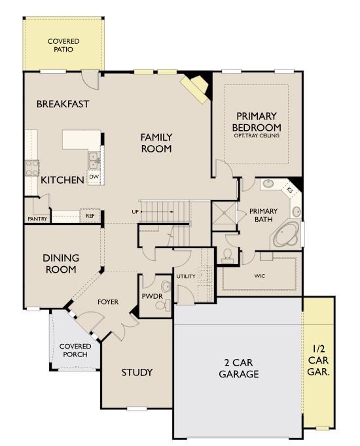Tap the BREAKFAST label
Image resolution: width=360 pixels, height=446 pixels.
(63, 104)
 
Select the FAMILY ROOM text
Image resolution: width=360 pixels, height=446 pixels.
(156, 143)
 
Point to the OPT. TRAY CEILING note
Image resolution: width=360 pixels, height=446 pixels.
(257, 136)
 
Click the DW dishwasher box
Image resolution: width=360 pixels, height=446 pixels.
(94, 177)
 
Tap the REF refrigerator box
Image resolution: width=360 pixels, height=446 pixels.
(88, 214)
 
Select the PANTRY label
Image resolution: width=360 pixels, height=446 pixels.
(37, 219)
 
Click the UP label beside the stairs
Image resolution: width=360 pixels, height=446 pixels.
(135, 212)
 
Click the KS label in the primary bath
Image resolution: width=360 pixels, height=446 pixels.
(290, 190)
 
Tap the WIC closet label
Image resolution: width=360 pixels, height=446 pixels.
(259, 276)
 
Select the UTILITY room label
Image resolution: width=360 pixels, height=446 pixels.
(185, 276)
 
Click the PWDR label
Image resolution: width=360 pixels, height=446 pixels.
(152, 296)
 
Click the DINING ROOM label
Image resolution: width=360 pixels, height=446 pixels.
(60, 264)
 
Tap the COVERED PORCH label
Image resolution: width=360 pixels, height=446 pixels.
(75, 351)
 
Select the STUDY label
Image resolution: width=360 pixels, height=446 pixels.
(137, 373)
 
